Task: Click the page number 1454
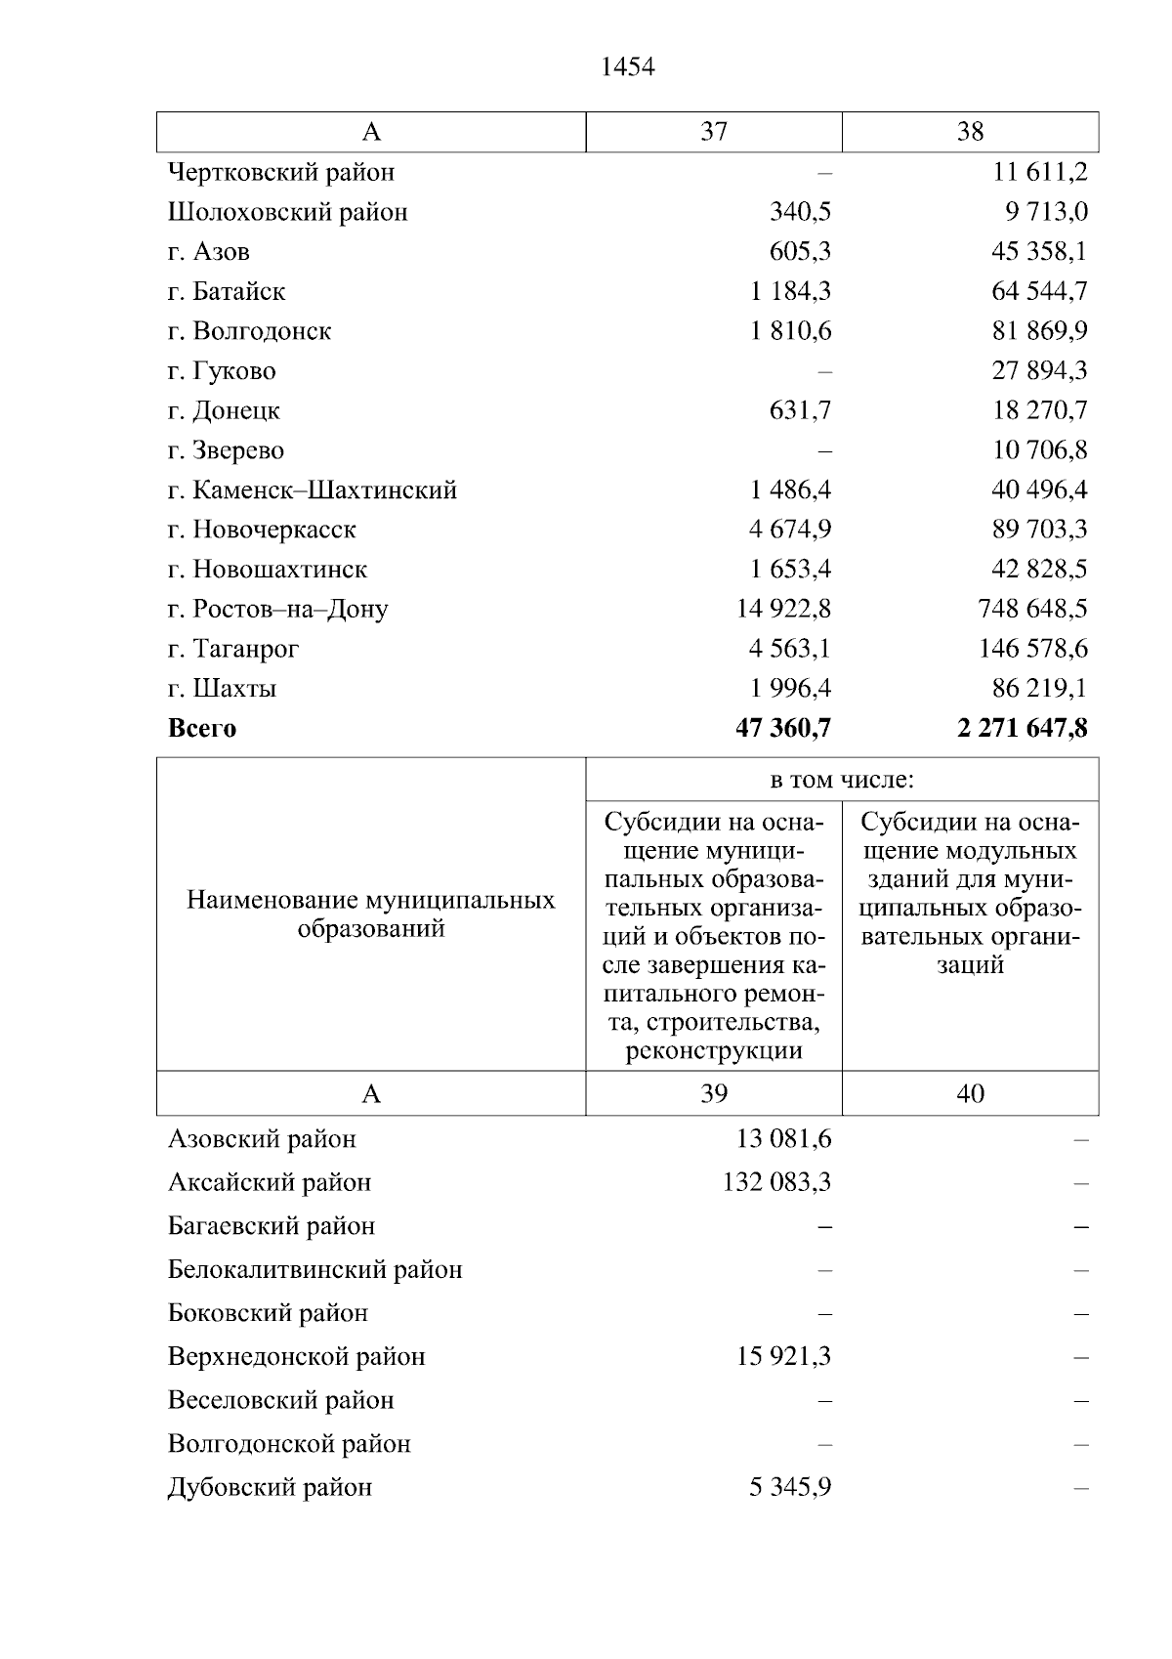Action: coord(628,66)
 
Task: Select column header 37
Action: coord(714,132)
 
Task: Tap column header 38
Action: coord(970,132)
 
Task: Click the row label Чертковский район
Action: coord(281,172)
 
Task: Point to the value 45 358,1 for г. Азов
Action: coord(1039,251)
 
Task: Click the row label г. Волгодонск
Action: coord(249,331)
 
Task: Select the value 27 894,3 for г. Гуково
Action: coord(1039,370)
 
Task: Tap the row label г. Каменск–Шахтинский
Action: coord(312,489)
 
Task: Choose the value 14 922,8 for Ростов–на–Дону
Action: coord(783,609)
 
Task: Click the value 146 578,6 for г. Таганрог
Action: coord(1033,649)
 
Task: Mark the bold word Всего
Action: coord(202,729)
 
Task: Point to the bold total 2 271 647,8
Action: coord(1023,728)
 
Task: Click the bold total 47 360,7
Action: coord(783,728)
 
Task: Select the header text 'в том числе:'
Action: coord(842,780)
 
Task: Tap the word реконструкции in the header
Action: coord(714,1051)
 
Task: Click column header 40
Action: coord(970,1093)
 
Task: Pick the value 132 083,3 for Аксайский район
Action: coord(777,1182)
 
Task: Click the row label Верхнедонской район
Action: coord(297,1356)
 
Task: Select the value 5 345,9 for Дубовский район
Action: coord(790,1487)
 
